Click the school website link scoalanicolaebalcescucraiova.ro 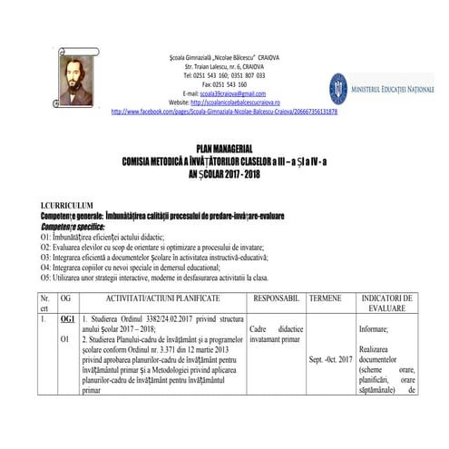pos(236,102)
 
